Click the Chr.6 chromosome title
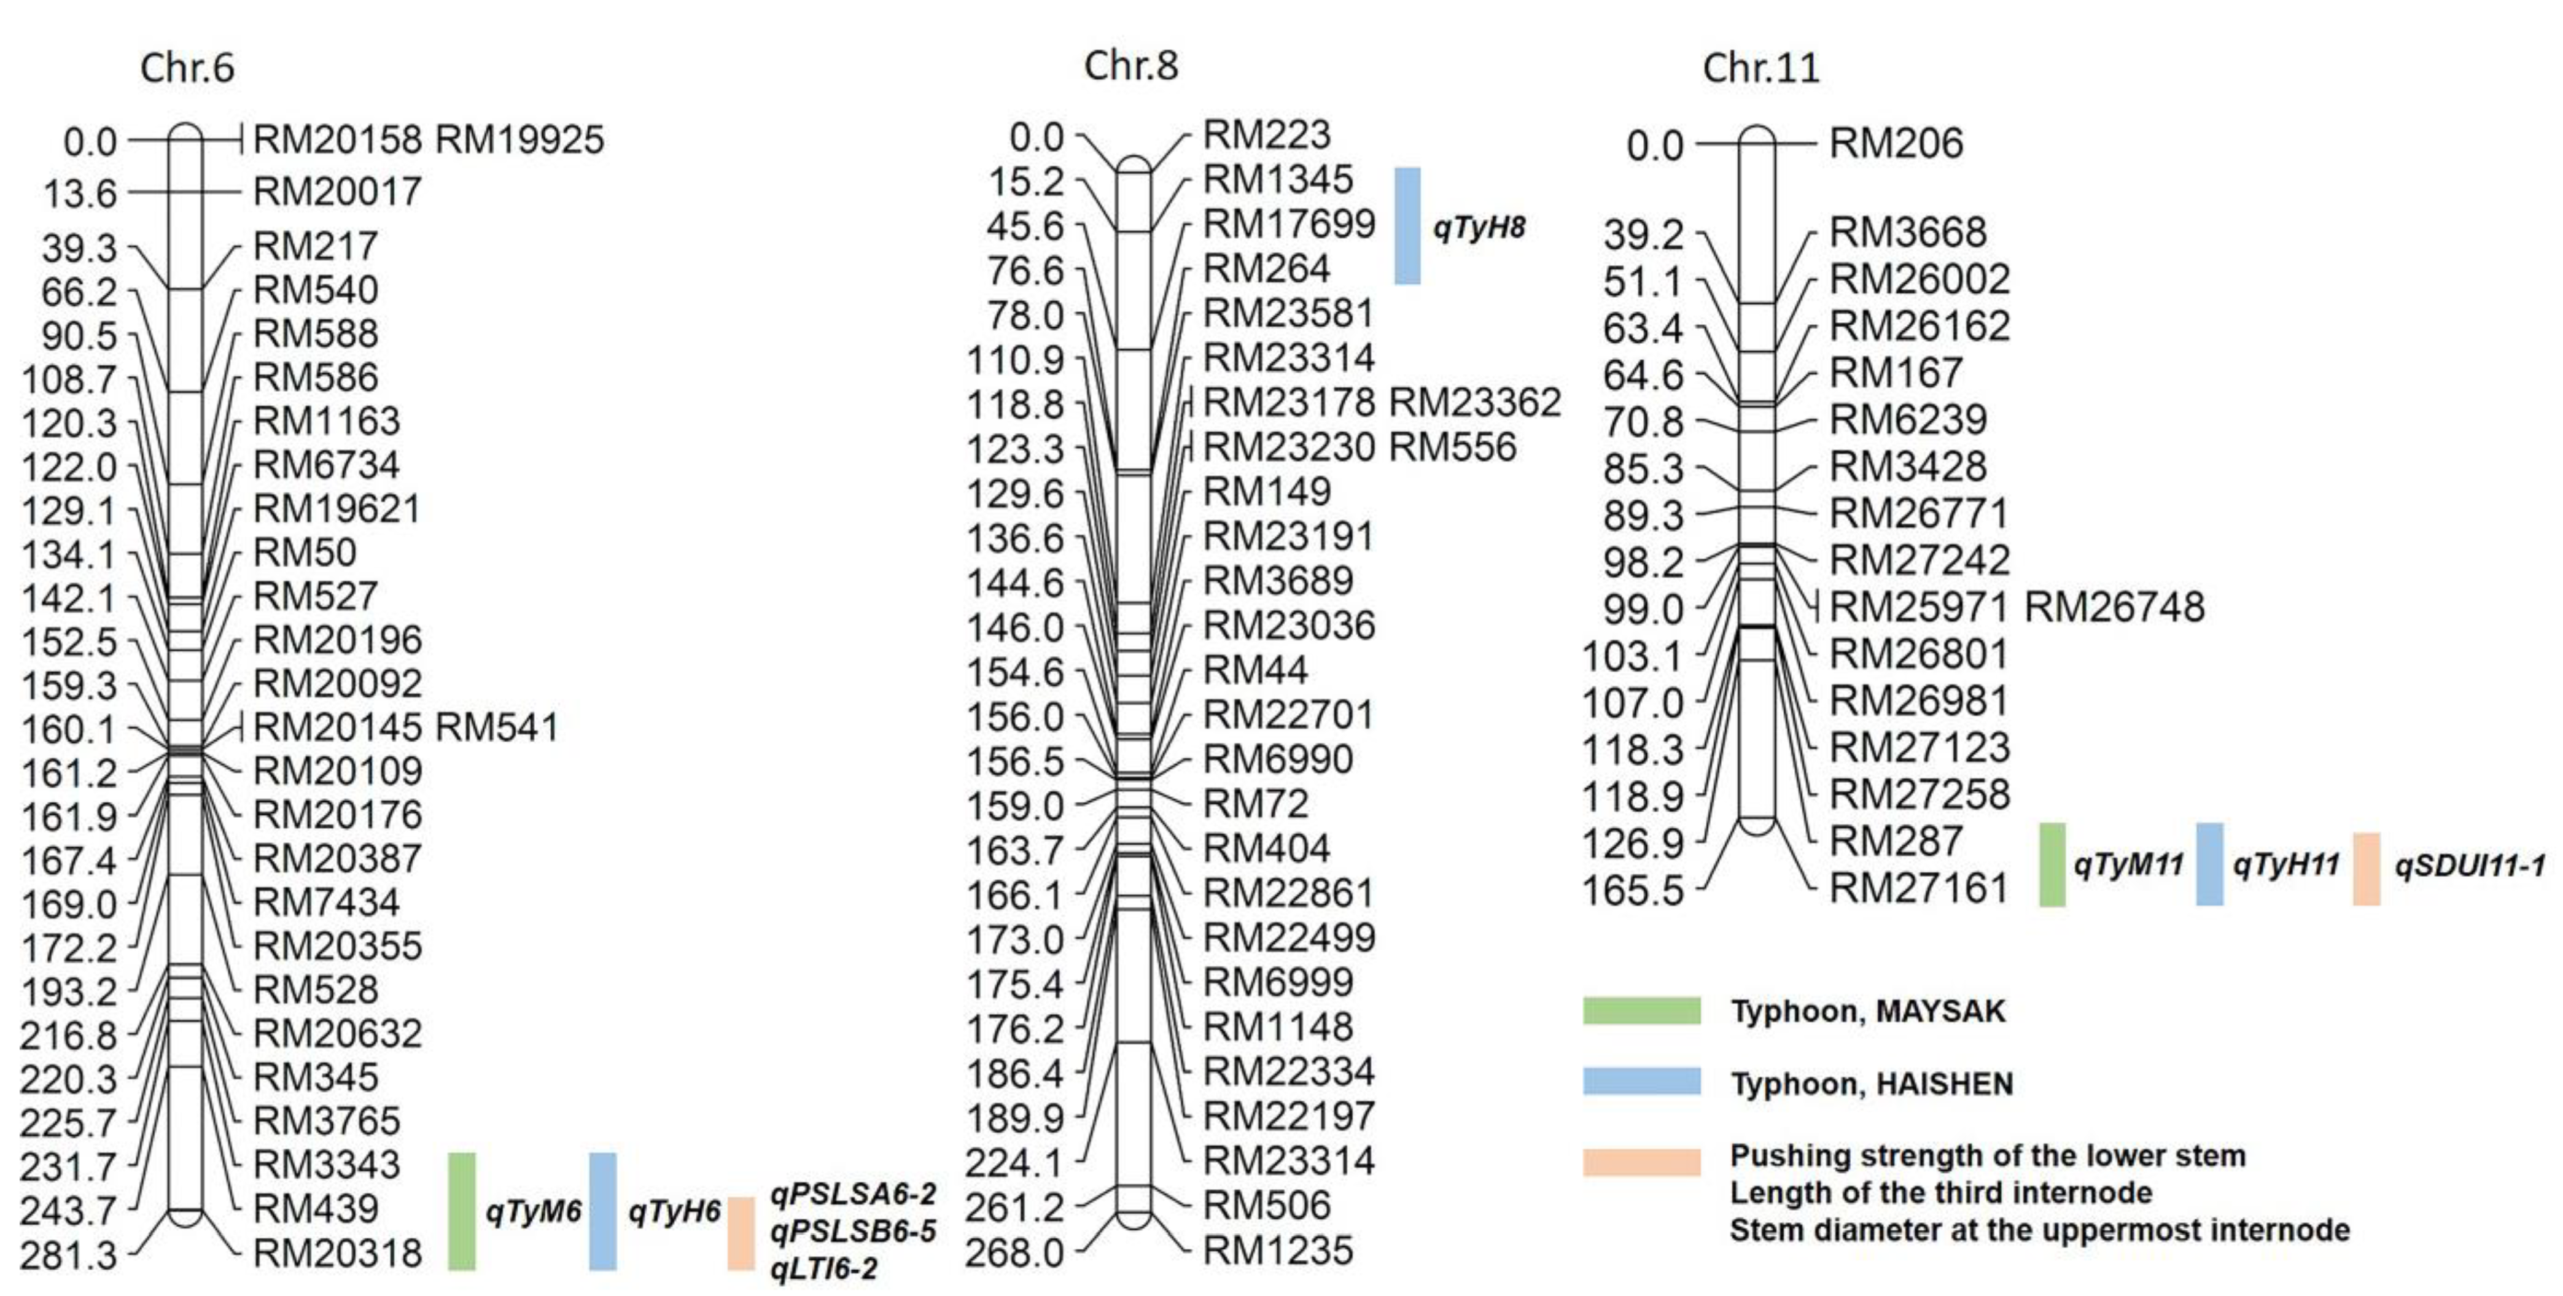[187, 68]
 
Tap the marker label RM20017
[337, 191]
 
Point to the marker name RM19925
[519, 139]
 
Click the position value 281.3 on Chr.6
[69, 1255]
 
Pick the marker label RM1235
[1278, 1250]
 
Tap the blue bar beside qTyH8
[1407, 226]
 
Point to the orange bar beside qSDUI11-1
[2366, 868]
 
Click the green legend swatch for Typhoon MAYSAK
[1642, 1011]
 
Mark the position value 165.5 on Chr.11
[1634, 889]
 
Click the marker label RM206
[1896, 143]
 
